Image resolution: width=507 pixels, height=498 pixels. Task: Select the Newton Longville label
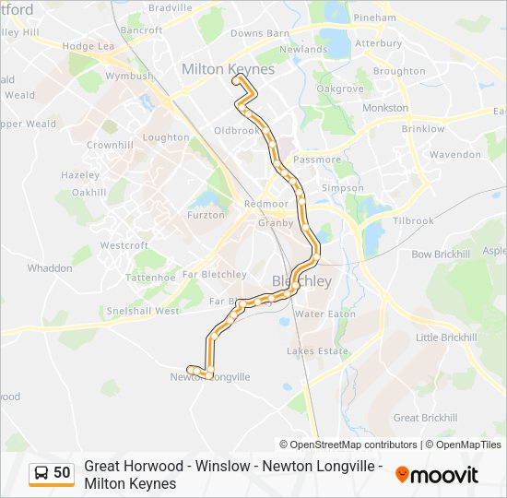[210, 377]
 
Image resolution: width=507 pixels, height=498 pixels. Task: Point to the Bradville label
[170, 7]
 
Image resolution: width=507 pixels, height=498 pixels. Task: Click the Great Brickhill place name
[419, 418]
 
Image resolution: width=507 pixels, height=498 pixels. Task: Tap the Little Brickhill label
[446, 338]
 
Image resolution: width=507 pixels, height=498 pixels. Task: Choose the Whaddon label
[50, 268]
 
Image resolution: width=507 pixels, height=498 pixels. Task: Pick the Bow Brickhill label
[441, 254]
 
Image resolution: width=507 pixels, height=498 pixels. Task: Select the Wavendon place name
[454, 155]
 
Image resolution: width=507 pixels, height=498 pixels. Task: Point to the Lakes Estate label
[317, 351]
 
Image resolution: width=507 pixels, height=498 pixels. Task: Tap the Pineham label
[374, 18]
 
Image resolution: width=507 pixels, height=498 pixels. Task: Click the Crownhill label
[110, 146]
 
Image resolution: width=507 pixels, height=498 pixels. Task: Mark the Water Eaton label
[324, 314]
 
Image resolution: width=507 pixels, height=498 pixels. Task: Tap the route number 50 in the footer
[62, 473]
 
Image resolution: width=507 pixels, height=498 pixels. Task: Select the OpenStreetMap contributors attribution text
[348, 445]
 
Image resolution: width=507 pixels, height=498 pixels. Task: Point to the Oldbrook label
[237, 131]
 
